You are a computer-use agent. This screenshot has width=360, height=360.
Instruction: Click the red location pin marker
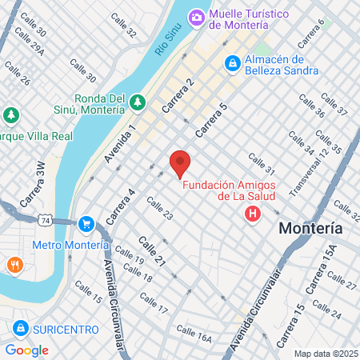[180, 162]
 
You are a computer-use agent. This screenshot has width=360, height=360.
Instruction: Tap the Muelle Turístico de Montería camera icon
[197, 16]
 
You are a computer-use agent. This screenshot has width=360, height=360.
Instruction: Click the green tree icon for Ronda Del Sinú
[137, 102]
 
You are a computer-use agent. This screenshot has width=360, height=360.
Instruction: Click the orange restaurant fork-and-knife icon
[14, 264]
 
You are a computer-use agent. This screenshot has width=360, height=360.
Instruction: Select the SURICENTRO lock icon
[20, 329]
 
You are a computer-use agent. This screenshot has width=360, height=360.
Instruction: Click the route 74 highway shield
[48, 218]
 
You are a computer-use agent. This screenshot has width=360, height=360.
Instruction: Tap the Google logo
[26, 350]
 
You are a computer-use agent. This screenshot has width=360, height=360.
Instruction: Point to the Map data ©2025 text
[325, 354]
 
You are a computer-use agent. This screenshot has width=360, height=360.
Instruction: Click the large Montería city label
[310, 229]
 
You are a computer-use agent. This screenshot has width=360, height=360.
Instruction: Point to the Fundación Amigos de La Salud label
[229, 190]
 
